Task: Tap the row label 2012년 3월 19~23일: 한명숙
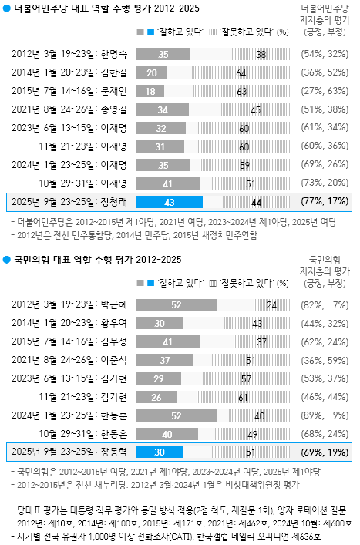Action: tap(71, 55)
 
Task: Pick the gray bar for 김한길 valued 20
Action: tap(152, 72)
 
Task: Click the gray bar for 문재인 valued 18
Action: tap(150, 91)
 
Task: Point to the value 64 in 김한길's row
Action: tap(241, 72)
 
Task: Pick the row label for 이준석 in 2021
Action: tap(71, 359)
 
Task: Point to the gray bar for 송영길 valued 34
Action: tap(163, 109)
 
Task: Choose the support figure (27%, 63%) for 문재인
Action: tap(323, 91)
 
